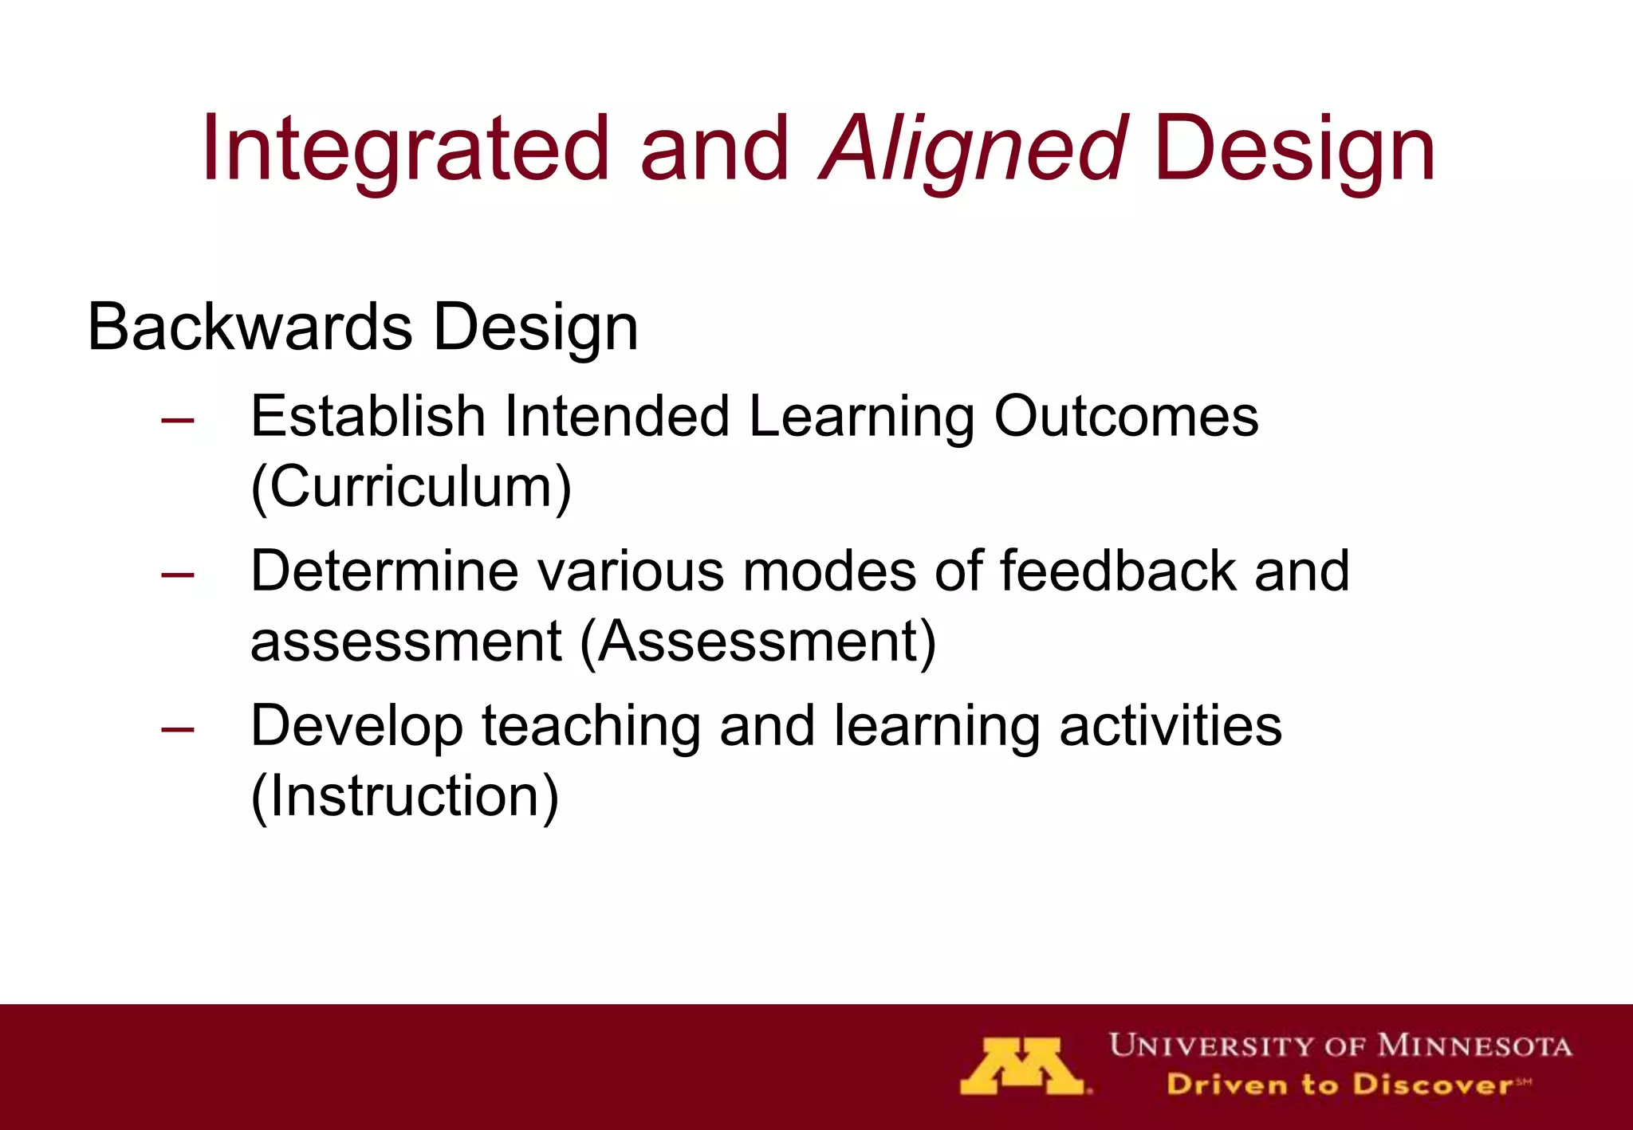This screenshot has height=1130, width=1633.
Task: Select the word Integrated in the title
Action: point(405,149)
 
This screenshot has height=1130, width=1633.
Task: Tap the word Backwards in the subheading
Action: point(250,327)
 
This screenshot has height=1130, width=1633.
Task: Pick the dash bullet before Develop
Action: point(177,729)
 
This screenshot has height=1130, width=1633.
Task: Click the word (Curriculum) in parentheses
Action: point(411,487)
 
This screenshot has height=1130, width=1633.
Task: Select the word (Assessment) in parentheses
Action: point(757,642)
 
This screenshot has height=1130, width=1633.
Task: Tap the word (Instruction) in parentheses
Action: point(404,796)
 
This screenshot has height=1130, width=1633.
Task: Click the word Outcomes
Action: point(1126,416)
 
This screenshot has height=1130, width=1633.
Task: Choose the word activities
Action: point(1171,725)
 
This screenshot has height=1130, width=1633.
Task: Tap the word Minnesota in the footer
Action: point(1475,1046)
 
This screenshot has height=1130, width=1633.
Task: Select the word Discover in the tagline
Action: point(1432,1085)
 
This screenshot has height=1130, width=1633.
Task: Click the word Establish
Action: point(368,416)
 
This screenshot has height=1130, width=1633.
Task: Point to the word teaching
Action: point(591,727)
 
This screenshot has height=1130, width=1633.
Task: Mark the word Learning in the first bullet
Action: point(861,418)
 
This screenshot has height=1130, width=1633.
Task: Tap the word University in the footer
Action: point(1212,1046)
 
